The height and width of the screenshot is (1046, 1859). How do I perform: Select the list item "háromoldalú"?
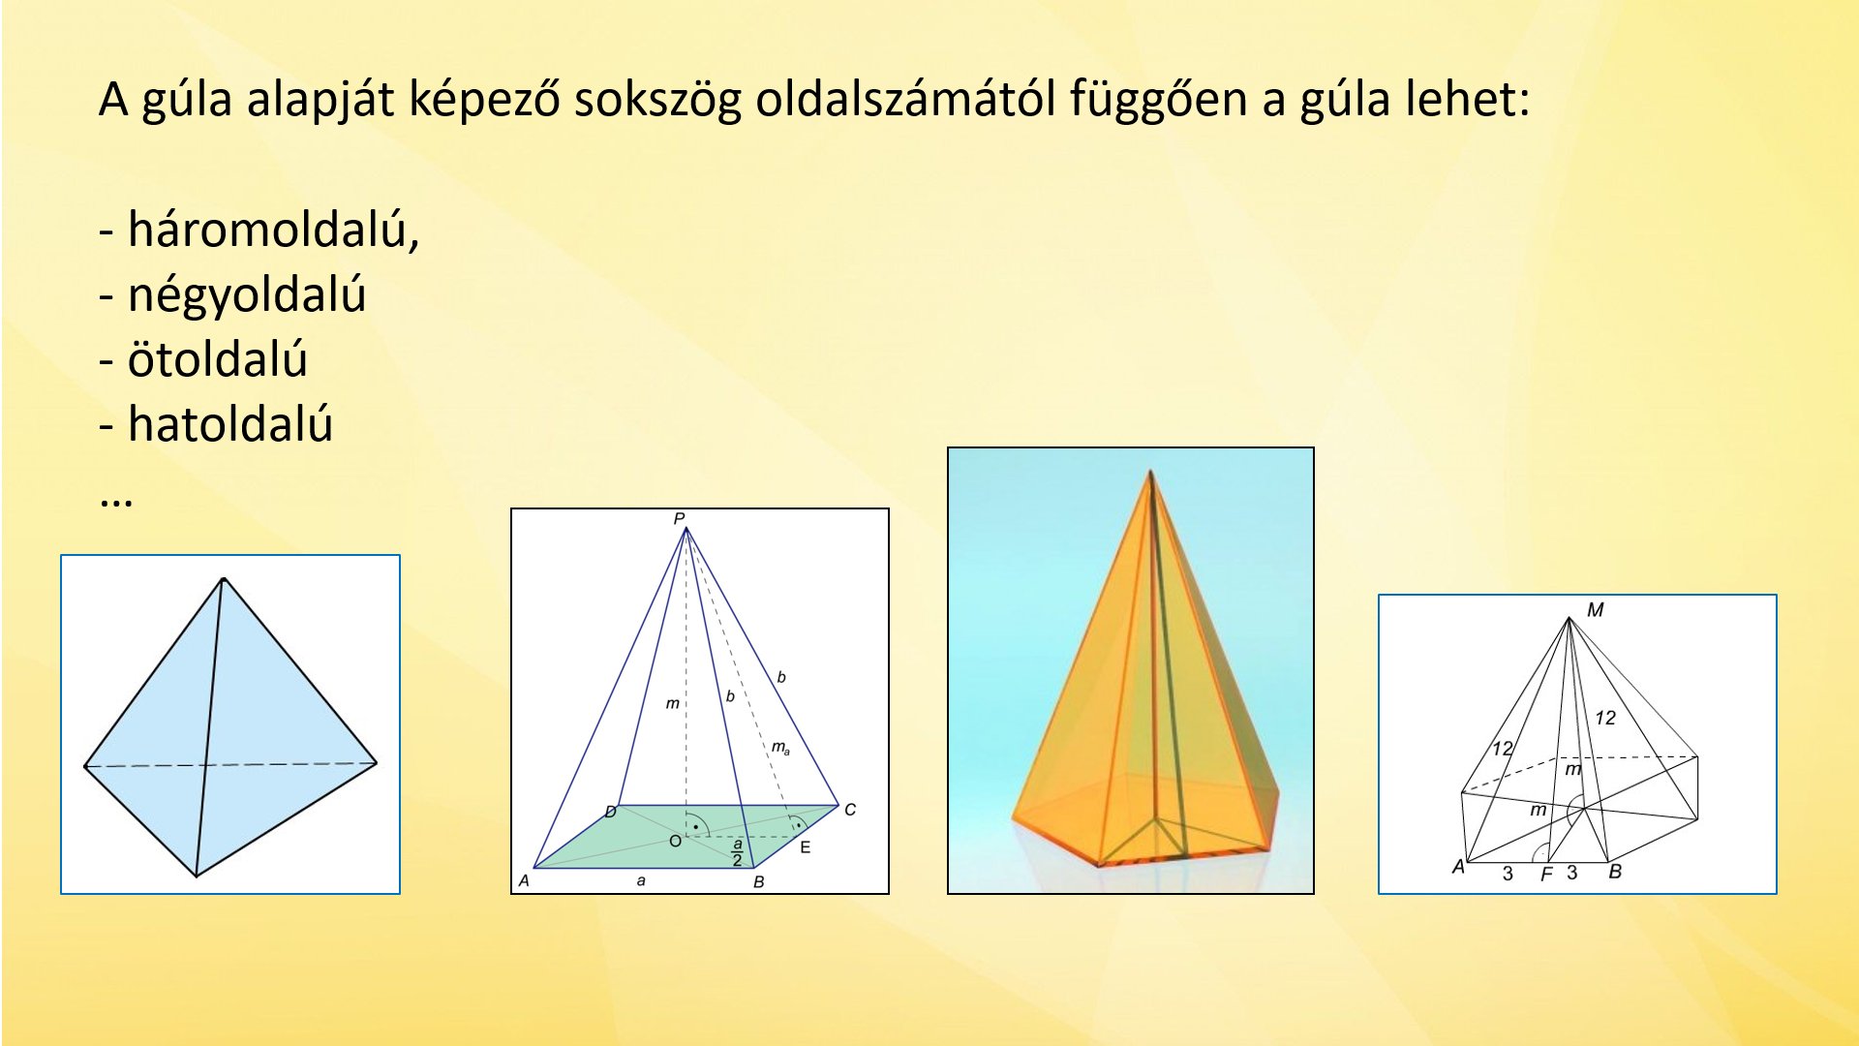coord(274,230)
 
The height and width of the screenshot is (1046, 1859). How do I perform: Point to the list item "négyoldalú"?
coord(247,295)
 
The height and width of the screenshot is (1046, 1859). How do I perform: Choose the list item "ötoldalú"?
coord(218,358)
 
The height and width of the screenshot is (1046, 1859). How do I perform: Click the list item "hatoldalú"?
coord(230,424)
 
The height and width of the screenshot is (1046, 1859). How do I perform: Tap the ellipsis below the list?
coord(116,501)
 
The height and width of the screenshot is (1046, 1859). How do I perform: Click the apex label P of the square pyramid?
coord(679,519)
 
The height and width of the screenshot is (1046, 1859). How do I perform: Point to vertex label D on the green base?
coord(611,812)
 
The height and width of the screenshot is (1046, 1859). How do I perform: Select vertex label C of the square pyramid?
coord(850,810)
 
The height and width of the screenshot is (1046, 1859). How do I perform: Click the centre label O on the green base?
coord(676,842)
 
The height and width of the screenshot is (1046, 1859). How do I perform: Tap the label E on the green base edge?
coord(806,847)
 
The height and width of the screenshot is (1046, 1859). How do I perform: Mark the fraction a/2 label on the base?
coord(738,852)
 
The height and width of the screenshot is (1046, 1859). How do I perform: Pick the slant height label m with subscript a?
coord(780,748)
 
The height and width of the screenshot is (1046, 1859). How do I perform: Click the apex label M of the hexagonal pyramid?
coord(1596,610)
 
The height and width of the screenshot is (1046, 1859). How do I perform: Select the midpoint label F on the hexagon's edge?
coord(1546,875)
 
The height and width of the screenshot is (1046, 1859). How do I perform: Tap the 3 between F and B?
coord(1572,873)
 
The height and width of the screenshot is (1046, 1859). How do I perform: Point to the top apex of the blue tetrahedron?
coord(224,579)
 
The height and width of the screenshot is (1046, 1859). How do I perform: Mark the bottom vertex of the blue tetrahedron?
coord(197,877)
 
